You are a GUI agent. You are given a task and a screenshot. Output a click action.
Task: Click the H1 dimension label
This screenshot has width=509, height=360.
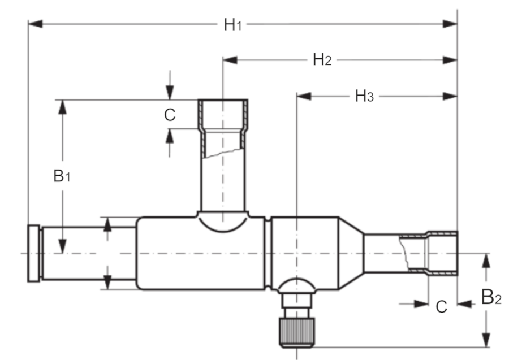[x=233, y=25]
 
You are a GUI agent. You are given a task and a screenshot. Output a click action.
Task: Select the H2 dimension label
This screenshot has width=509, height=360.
[x=322, y=60]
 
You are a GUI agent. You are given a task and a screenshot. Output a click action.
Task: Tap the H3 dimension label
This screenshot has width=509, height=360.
[x=364, y=96]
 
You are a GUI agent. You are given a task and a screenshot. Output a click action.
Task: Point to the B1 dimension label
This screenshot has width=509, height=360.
[x=62, y=176]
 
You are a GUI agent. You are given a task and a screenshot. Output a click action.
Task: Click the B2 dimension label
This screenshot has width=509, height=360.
[x=491, y=297]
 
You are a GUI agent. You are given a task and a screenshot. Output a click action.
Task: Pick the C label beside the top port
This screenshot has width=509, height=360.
[x=170, y=115]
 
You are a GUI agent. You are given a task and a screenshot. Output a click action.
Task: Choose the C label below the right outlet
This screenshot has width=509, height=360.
[x=442, y=306]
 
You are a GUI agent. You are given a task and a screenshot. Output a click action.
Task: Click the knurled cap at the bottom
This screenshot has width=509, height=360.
[x=297, y=333]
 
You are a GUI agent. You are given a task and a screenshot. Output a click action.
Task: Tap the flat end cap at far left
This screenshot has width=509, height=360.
[x=34, y=253]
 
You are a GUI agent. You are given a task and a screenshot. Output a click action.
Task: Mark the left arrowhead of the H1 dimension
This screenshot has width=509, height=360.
[x=35, y=24]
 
